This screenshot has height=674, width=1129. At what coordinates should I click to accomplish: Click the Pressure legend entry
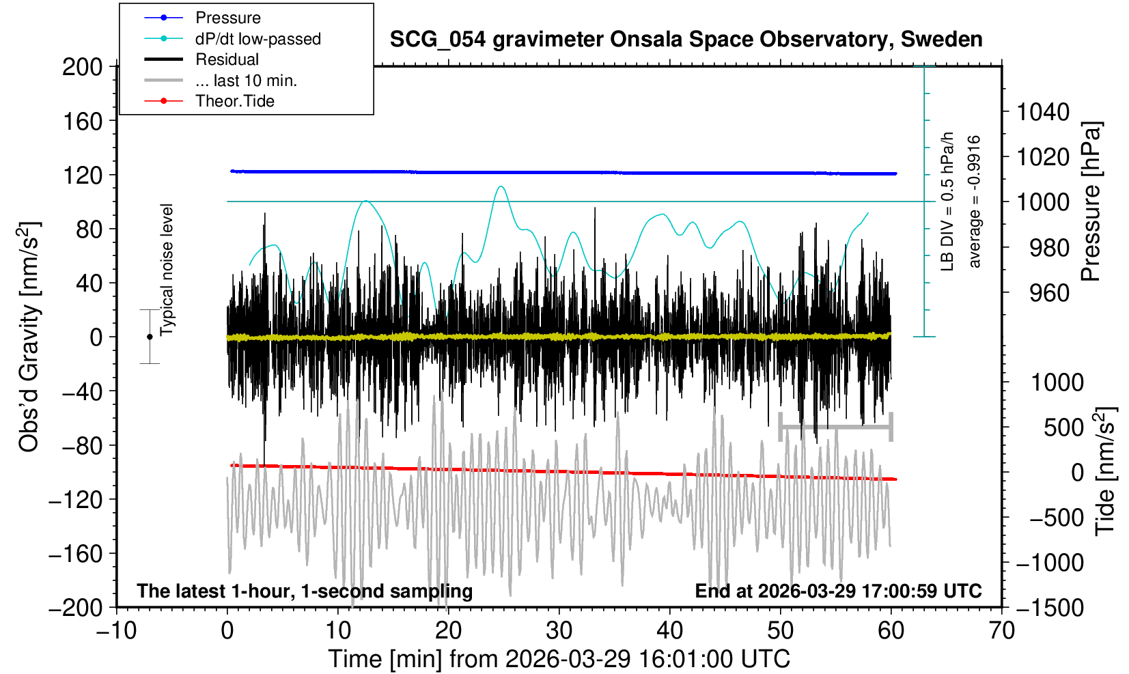coord(227,18)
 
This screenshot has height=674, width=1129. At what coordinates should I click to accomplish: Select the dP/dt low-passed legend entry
coord(257,39)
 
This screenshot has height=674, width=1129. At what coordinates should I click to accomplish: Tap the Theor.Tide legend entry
coord(234,101)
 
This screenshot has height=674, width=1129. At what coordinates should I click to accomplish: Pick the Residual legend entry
coord(227,59)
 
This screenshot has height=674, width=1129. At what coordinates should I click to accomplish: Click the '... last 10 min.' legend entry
coord(246,81)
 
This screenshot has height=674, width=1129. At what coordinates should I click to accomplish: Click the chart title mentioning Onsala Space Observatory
coord(686,40)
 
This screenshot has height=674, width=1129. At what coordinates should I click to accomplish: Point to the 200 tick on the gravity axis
coord(82,67)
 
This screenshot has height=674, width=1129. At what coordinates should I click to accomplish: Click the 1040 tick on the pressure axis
coord(1043,111)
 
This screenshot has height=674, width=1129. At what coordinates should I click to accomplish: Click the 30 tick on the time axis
coord(559,630)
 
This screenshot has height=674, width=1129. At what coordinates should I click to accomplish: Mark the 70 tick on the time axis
coord(1001,630)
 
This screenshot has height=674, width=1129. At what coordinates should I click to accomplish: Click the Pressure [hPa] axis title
coord(1091,201)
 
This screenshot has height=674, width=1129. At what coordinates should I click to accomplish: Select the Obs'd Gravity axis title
coord(29,337)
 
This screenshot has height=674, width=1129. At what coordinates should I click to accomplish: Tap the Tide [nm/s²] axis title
coord(1104,471)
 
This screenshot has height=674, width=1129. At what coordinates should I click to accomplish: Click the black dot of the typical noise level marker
coord(150,337)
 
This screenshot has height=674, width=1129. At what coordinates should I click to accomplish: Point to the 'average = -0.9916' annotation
coord(975,201)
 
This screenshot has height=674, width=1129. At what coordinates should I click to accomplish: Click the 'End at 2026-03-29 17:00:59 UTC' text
coord(838,591)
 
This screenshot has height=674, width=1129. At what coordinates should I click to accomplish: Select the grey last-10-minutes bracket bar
coord(835,427)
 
